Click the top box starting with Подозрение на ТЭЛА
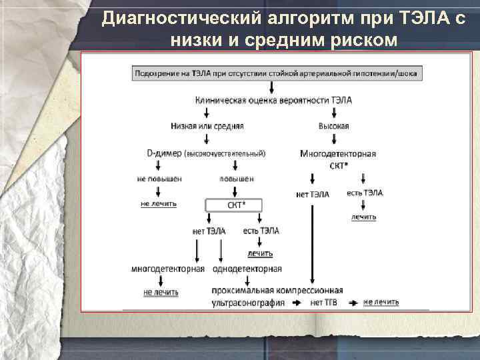tap(276, 73)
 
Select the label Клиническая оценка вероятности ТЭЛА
tap(273, 100)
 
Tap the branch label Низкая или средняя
tap(207, 125)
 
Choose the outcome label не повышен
tap(159, 179)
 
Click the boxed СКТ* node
tap(235, 205)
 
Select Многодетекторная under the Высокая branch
tap(338, 153)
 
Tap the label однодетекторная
tap(247, 269)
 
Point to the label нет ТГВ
tap(324, 302)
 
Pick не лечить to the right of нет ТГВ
tap(381, 302)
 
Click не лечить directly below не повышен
tap(159, 203)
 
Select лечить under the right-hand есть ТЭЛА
tap(363, 217)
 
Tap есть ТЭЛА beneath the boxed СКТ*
tap(261, 231)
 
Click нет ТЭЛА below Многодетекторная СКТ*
tap(312, 194)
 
